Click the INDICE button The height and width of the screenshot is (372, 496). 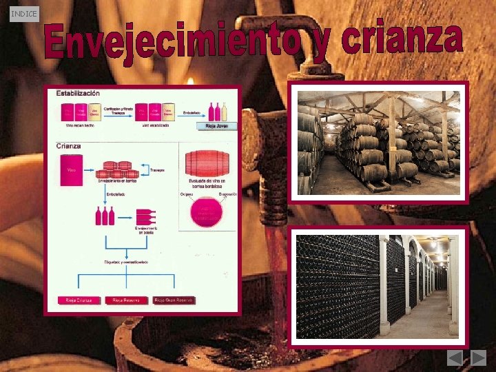(x=24, y=13)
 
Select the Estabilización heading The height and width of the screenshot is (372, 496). (x=78, y=93)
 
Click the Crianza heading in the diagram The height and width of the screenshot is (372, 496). (x=68, y=146)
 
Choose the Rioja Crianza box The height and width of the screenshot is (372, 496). (x=79, y=300)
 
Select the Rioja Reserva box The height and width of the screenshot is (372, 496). (x=125, y=300)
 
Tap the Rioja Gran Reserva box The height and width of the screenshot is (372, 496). (x=174, y=300)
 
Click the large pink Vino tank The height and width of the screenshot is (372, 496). (x=71, y=172)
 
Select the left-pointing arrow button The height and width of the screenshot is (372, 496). (x=455, y=358)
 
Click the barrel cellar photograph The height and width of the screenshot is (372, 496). (x=378, y=143)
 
